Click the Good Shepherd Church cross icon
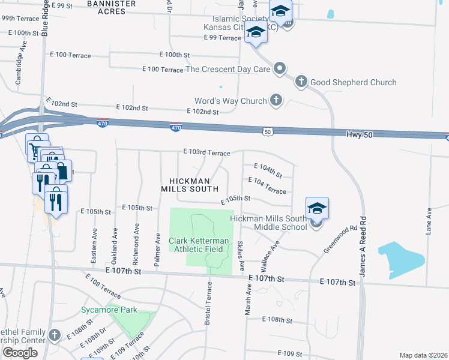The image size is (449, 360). click(302, 82)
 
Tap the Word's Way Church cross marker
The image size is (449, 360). click(276, 100)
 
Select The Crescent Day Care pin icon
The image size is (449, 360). click(279, 69)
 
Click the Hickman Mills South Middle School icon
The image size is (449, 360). click(317, 209)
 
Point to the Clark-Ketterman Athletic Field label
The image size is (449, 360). click(198, 245)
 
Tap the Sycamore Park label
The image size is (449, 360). click(109, 310)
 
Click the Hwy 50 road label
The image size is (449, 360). click(359, 135)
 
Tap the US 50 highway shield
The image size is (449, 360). click(268, 131)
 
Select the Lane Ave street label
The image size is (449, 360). click(430, 221)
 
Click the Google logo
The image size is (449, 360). click(20, 353)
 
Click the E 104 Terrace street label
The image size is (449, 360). click(267, 185)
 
